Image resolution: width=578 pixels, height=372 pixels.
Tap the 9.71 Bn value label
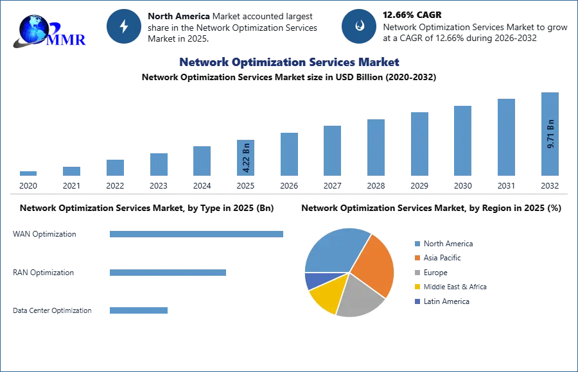(550, 134)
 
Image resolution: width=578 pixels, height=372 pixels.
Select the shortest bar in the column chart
(28, 174)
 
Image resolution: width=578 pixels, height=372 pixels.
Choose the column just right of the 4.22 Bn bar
(288, 153)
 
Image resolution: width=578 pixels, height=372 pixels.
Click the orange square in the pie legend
(417, 258)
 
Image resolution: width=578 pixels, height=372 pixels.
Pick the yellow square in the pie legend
(417, 287)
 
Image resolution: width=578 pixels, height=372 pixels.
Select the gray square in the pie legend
(417, 273)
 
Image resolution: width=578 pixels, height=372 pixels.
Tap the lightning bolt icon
(125, 26)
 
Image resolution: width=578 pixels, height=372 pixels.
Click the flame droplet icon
(360, 26)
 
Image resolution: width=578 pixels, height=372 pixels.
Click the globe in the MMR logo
(33, 29)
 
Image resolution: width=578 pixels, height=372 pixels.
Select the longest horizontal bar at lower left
(197, 235)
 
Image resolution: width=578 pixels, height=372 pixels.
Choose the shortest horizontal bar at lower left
(138, 310)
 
